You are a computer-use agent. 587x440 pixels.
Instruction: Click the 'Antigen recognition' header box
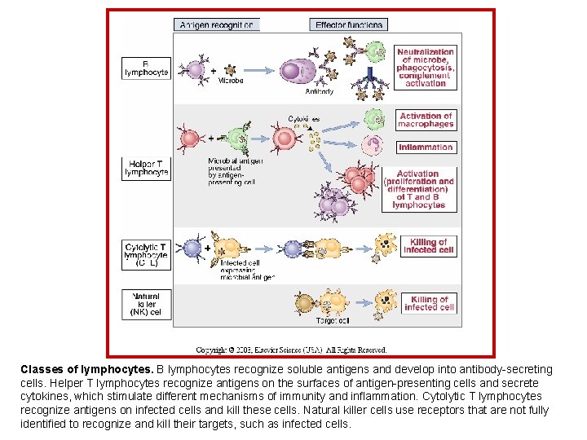tap(217, 24)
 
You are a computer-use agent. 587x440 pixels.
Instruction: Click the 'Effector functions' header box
tap(349, 24)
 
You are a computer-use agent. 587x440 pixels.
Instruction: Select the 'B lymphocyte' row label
tap(146, 68)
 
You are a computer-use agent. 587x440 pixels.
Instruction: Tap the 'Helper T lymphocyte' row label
tap(146, 168)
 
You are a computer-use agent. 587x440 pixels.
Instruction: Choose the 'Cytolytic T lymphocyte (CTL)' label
tap(146, 254)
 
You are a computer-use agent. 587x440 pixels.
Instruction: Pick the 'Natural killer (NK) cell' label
tap(146, 304)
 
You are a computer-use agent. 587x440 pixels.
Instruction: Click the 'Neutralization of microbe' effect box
tap(426, 68)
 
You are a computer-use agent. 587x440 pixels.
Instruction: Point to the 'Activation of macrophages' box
tap(426, 121)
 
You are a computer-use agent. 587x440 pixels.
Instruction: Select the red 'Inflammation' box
tap(426, 147)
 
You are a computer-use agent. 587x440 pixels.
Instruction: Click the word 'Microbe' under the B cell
tap(230, 81)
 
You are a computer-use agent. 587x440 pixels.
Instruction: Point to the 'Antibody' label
tap(319, 92)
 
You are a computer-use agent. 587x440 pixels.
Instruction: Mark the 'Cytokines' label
tap(303, 119)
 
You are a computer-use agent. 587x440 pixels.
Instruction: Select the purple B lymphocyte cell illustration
tap(194, 68)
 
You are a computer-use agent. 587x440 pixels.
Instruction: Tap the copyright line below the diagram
tap(291, 350)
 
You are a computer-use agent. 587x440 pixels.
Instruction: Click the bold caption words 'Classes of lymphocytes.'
tap(86, 369)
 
